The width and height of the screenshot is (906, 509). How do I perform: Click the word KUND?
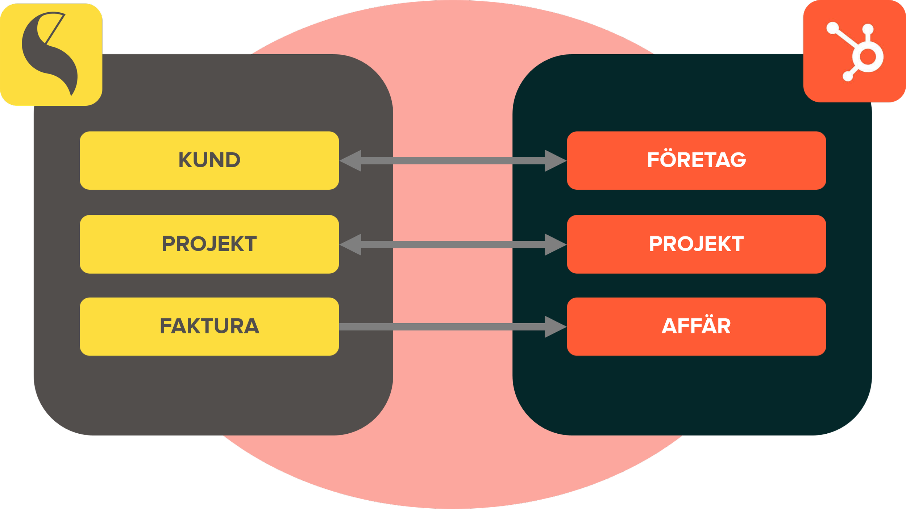[209, 160]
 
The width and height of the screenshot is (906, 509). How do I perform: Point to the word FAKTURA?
[209, 326]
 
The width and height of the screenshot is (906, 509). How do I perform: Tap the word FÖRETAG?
[697, 160]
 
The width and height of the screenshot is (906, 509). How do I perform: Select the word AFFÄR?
[696, 326]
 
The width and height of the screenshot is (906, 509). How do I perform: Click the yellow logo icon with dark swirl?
[51, 54]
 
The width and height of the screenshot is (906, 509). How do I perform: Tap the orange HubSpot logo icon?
[855, 51]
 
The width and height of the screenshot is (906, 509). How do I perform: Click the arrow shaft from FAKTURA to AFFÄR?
[442, 327]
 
